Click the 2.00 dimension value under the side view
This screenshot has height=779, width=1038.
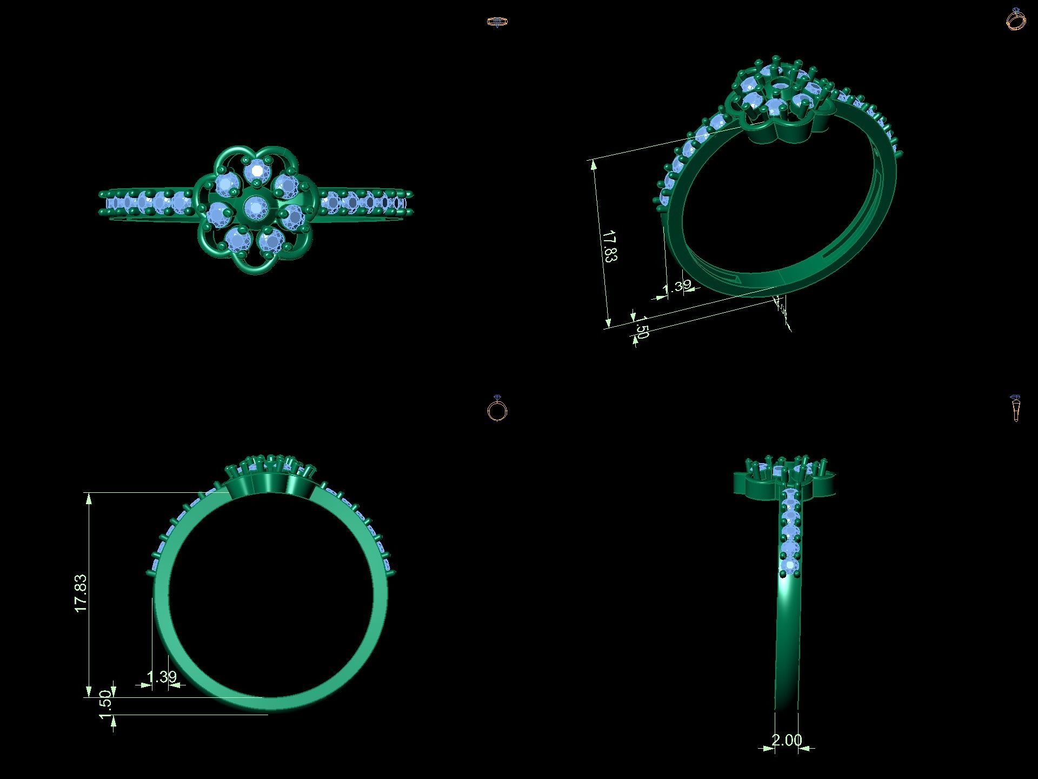pos(787,740)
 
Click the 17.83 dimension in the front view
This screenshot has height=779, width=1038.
pos(81,593)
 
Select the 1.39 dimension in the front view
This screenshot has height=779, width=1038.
pos(162,677)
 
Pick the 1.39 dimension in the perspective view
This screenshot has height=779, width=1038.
pos(677,286)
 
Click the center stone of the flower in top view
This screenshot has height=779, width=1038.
pos(254,206)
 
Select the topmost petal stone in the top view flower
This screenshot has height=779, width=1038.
pos(257,171)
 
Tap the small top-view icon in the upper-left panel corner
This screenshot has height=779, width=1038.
pos(497,22)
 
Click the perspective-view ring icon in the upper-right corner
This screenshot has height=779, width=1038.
pos(1016,19)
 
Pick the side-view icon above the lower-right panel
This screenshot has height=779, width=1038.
pos(1016,408)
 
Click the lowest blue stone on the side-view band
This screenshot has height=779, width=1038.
pos(790,566)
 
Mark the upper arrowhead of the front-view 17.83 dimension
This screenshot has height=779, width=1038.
pos(89,499)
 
